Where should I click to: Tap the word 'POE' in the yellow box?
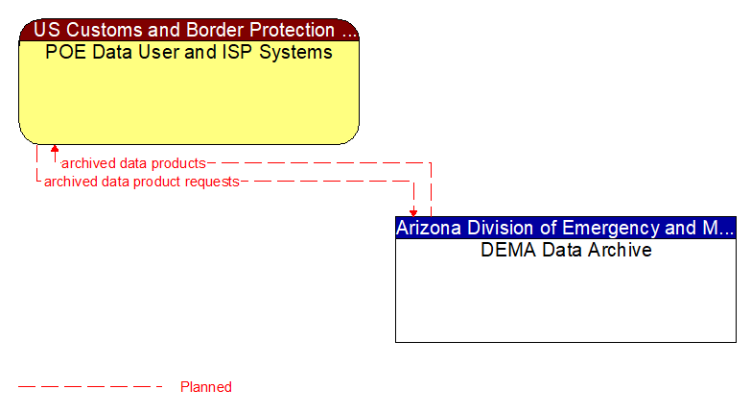pos(64,52)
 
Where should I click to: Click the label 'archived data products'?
pos(133,163)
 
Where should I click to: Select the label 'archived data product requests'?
pos(141,181)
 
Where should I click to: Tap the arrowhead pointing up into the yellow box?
pos(55,149)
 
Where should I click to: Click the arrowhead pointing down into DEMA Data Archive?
pos(413,212)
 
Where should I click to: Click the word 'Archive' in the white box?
pos(620,250)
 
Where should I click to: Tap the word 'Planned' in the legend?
pos(206,387)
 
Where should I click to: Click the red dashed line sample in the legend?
pos(90,387)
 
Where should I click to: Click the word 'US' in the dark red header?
pos(48,30)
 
